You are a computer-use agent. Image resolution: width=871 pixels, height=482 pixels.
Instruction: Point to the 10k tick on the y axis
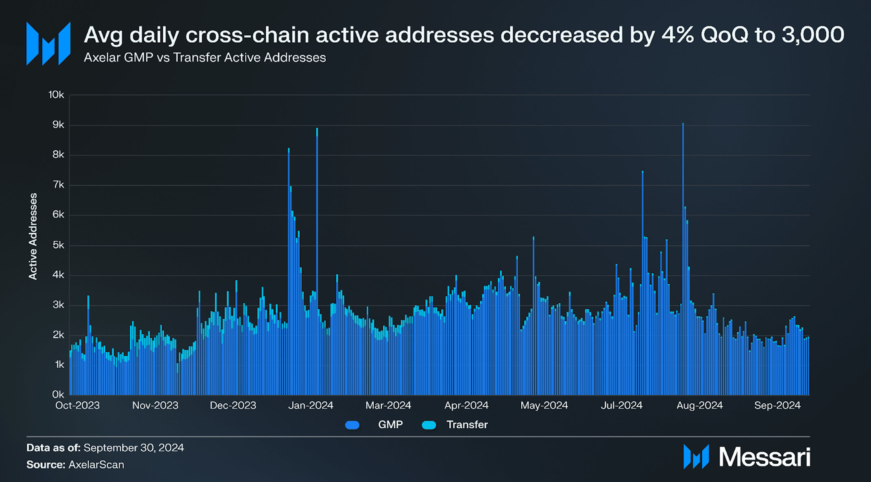pyautogui.click(x=56, y=95)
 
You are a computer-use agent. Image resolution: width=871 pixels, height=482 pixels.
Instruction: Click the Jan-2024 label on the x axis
pyautogui.click(x=311, y=406)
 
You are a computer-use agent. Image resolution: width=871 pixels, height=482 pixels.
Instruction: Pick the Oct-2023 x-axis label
pyautogui.click(x=77, y=406)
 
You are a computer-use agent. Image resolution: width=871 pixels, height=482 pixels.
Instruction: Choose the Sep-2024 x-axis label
pyautogui.click(x=777, y=406)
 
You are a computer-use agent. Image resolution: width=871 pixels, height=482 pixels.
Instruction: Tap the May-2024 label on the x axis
pyautogui.click(x=544, y=406)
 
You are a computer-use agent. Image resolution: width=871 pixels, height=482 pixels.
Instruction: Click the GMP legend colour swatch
pyautogui.click(x=352, y=425)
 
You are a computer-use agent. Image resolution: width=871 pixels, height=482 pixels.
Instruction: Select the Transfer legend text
pyautogui.click(x=467, y=425)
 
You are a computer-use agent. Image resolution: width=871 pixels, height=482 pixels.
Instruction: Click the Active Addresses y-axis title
pyautogui.click(x=33, y=236)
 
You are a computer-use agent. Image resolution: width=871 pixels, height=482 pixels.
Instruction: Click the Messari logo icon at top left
pyautogui.click(x=48, y=44)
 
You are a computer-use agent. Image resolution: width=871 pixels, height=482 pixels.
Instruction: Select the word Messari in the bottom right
pyautogui.click(x=764, y=457)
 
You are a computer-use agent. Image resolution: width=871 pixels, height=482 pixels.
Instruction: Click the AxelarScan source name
pyautogui.click(x=96, y=465)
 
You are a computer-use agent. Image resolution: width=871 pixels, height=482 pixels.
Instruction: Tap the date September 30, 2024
pyautogui.click(x=134, y=448)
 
